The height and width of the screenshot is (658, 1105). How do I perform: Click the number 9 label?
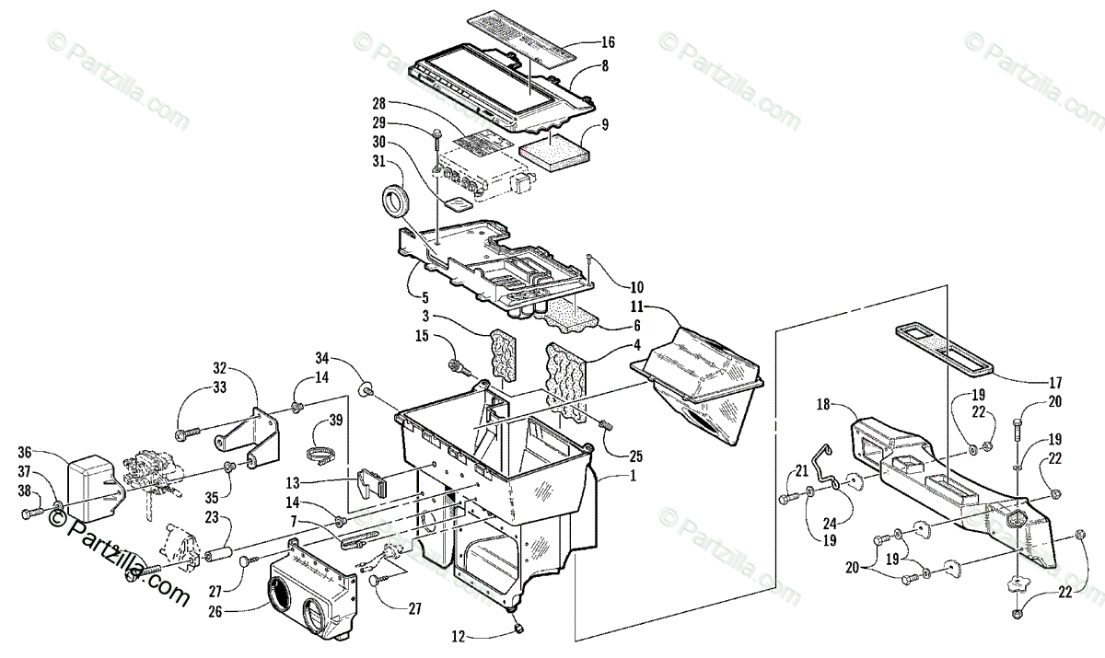[605, 123]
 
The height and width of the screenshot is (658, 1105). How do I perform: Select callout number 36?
[25, 451]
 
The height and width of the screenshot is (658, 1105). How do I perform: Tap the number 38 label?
[25, 491]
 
